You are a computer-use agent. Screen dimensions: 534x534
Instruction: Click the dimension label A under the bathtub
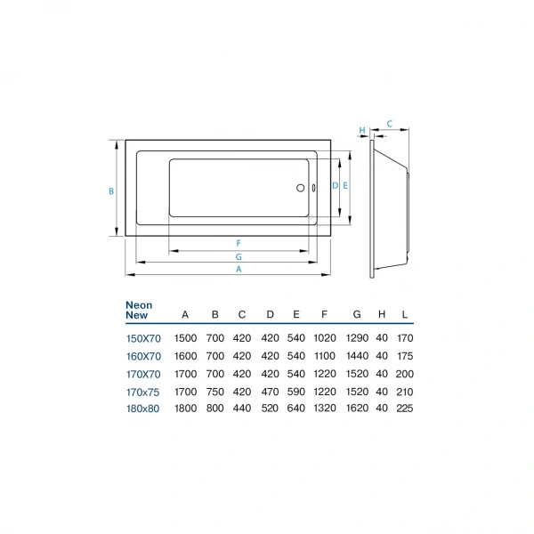coord(238,270)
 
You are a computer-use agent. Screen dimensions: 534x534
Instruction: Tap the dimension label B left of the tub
coord(110,190)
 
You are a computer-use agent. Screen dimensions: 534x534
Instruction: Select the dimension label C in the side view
coord(390,125)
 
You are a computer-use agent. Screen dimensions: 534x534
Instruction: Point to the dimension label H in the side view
coord(362,130)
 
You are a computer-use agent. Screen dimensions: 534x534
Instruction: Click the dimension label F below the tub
coord(239,243)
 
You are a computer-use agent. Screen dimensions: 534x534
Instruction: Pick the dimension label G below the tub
coord(239,256)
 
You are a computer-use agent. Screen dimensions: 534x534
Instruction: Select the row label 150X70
coord(142,338)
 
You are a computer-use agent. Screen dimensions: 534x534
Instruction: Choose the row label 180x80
coord(142,409)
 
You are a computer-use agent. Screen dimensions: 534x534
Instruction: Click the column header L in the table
coord(405,314)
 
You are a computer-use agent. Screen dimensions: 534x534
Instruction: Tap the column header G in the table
coord(356,314)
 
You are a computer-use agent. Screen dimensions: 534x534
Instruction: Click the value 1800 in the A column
coord(185,409)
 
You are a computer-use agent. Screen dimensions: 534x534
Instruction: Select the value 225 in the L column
coord(405,409)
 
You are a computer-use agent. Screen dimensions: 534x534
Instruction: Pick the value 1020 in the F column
coord(325,338)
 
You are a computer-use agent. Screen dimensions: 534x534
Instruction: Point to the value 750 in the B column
coord(214,391)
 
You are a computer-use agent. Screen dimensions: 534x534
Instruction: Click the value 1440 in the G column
coord(356,356)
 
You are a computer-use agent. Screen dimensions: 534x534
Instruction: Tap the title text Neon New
coord(139,310)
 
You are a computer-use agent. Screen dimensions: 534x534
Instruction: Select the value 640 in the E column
coord(296,409)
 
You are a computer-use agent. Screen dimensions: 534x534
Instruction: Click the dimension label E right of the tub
coord(344,186)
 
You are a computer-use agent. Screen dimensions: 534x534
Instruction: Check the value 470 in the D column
coord(269,391)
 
